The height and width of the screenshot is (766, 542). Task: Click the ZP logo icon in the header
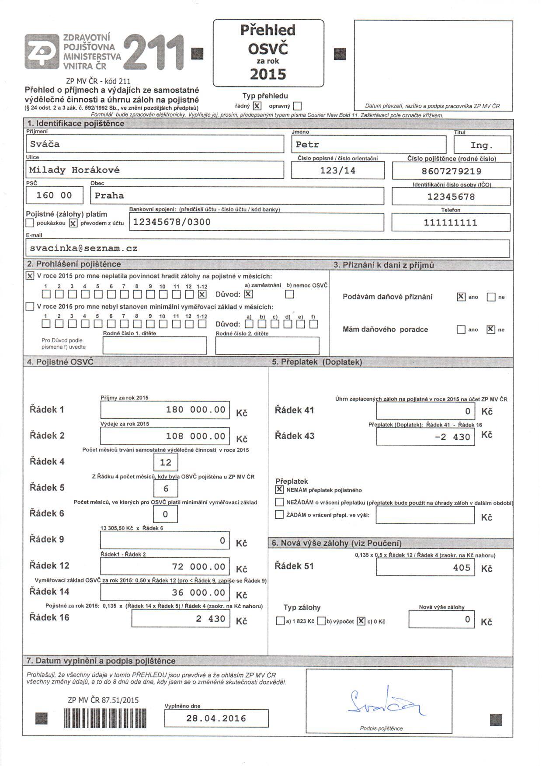coord(42,52)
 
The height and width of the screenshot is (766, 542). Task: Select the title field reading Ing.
coord(482,145)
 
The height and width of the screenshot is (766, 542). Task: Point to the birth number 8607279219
coord(451,171)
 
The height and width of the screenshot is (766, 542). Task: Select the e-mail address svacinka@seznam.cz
coord(267,248)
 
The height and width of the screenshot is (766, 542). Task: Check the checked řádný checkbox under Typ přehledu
coord(257,106)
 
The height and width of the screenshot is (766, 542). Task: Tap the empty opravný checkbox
coord(298,106)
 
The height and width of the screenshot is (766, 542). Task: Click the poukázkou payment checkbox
coord(30,223)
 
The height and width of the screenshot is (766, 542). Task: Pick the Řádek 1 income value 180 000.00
coord(165,410)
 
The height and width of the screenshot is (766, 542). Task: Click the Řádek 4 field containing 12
coord(166,462)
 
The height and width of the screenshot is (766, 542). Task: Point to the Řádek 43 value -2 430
coord(425,437)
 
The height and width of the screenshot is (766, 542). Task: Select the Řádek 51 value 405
coord(425,568)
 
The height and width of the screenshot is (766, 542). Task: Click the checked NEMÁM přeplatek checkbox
coord(279,489)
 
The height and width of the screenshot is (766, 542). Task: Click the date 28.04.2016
coord(216,718)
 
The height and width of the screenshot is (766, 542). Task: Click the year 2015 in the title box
coord(268,74)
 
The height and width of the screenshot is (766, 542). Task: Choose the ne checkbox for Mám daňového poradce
coord(491,329)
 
